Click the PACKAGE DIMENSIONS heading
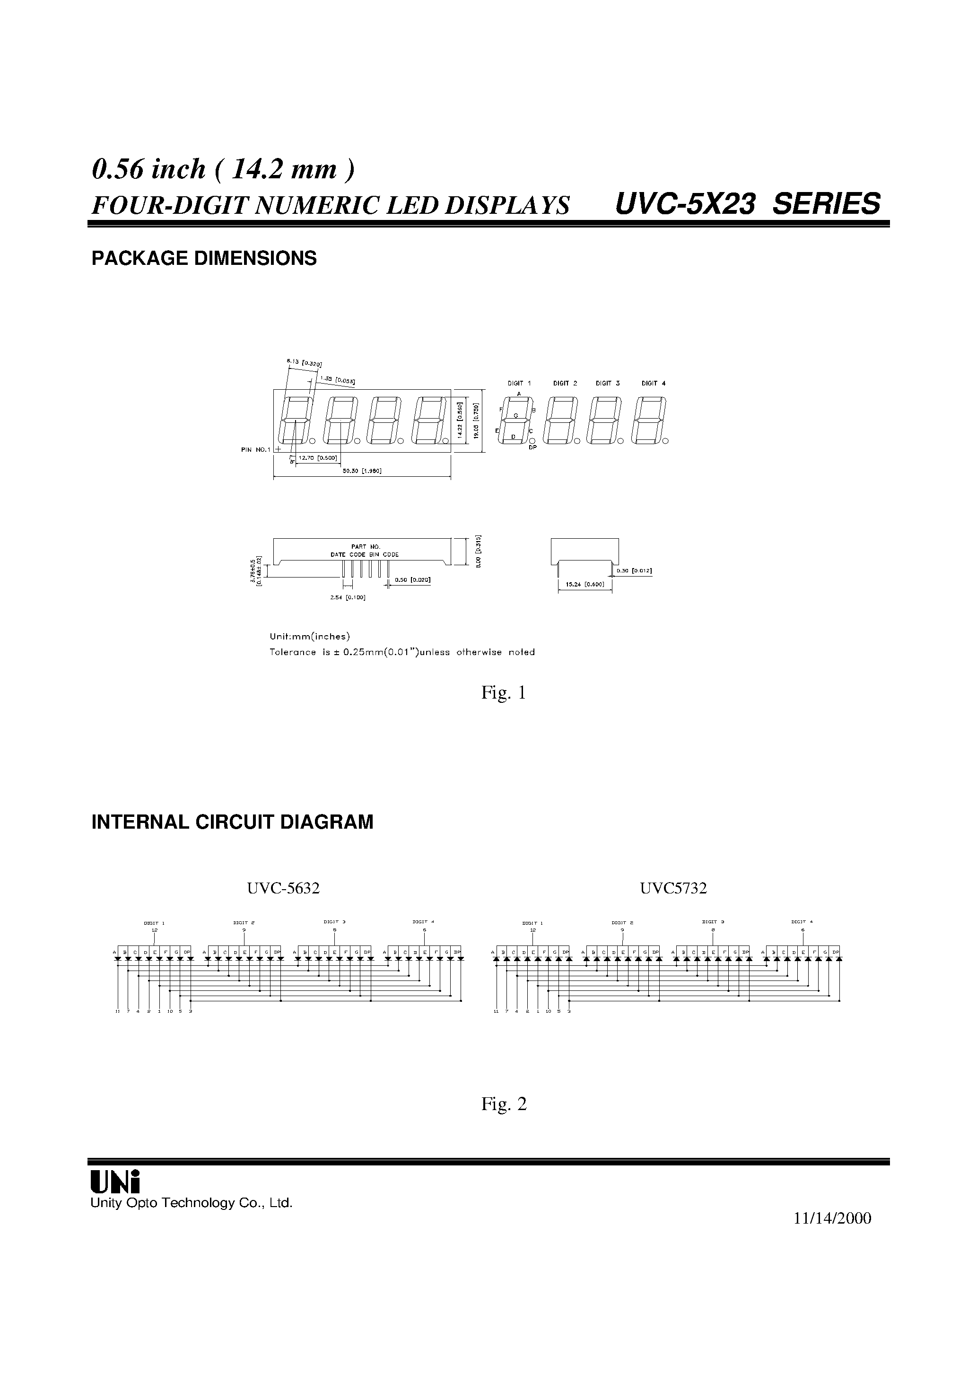point(204,258)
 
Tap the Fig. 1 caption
point(504,693)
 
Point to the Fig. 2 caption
point(504,1103)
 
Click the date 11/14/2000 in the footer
point(832,1218)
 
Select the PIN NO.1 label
point(256,449)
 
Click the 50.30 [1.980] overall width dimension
point(362,471)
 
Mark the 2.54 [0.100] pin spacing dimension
point(348,597)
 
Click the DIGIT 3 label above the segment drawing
point(607,383)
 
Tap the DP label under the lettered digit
point(532,447)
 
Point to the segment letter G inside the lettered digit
point(515,416)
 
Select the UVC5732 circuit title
point(673,888)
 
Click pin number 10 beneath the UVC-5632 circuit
point(170,1011)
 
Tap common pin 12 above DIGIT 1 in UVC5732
point(532,929)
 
